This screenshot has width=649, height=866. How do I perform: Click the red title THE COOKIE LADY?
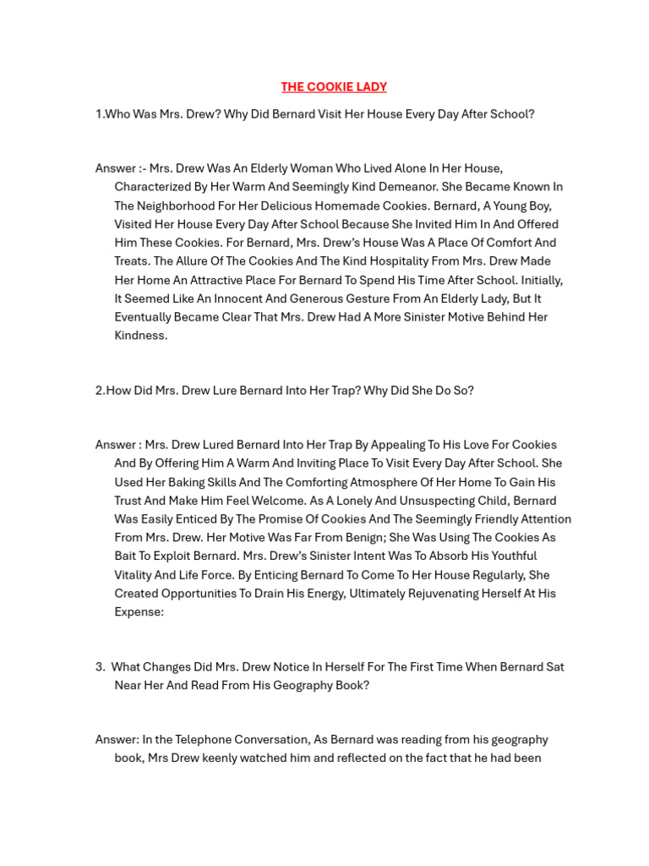tap(334, 87)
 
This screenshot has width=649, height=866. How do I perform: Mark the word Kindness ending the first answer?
tap(140, 336)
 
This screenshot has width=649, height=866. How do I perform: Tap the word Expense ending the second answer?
tap(139, 612)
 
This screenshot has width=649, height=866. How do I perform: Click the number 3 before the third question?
tap(99, 667)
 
